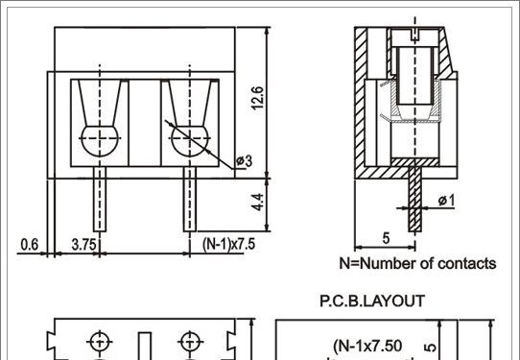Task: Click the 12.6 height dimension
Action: tap(258, 98)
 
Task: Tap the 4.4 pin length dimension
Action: tap(258, 202)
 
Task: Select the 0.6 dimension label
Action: tap(30, 245)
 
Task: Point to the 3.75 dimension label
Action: tap(83, 245)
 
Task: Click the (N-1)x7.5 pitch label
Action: tap(229, 245)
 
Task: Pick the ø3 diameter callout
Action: tap(244, 161)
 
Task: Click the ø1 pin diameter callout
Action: tap(446, 201)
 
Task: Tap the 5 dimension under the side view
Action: tap(386, 238)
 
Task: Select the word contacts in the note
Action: tap(467, 264)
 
